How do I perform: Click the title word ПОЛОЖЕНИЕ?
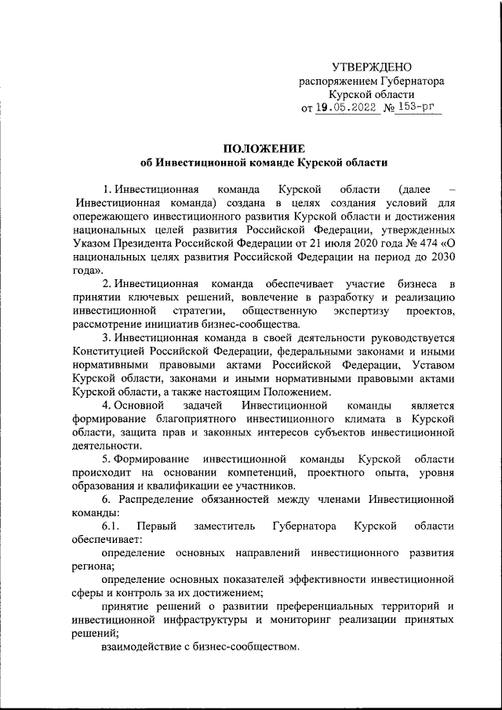[264, 148]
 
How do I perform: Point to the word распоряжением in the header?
[336, 81]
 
